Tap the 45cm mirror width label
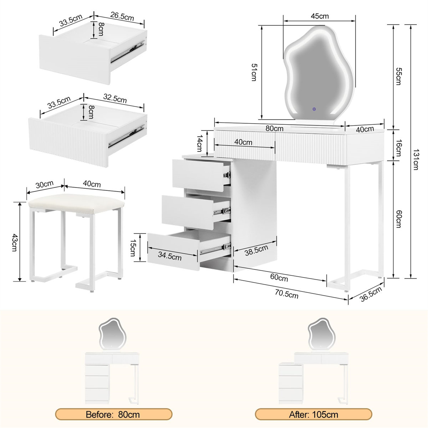point(320,16)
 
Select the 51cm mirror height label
point(254,72)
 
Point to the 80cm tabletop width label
point(274,128)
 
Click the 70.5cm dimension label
point(286,295)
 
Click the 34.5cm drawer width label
point(169,257)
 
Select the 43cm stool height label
point(15,243)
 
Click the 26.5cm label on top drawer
point(122,17)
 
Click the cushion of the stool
point(76,202)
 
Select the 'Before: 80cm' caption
point(113,414)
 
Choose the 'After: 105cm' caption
point(314,414)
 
